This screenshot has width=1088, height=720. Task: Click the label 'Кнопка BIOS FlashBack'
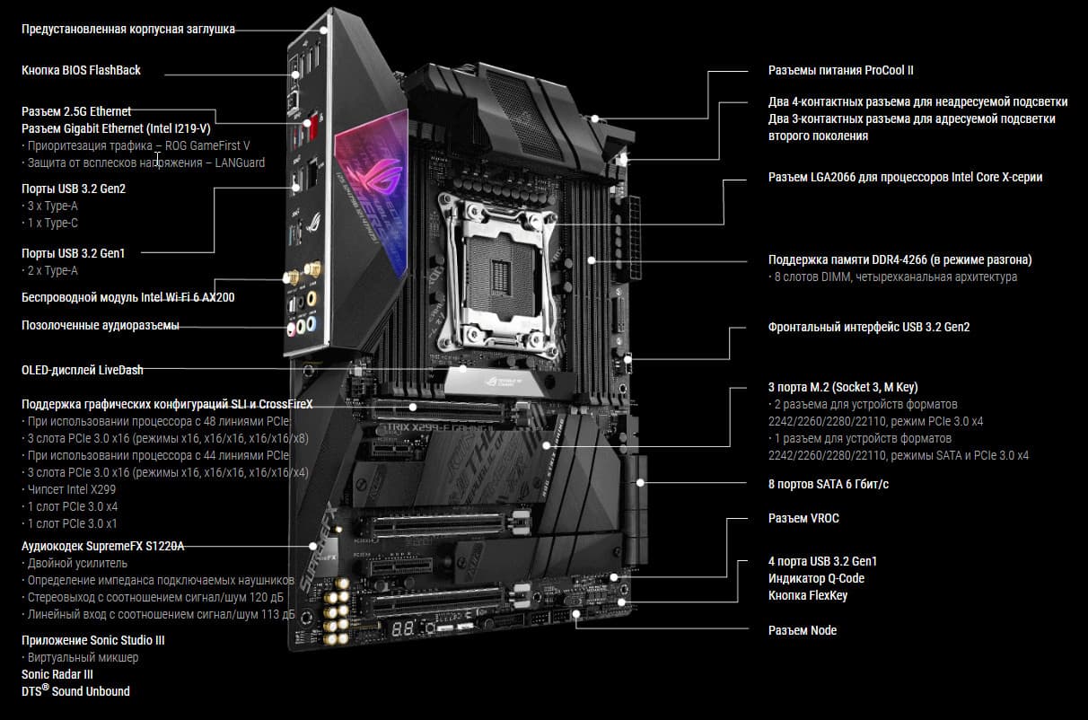(81, 70)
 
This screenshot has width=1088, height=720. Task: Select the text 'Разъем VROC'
(803, 518)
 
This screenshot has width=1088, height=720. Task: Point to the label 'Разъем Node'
(803, 630)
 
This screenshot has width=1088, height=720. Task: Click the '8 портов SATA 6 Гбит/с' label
(829, 485)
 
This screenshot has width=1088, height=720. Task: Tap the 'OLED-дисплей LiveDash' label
(82, 370)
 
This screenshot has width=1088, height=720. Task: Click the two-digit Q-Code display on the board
(403, 629)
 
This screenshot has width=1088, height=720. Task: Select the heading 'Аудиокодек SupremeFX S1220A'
(103, 547)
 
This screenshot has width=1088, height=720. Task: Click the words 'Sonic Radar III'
(57, 675)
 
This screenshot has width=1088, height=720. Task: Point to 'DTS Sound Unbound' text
(75, 691)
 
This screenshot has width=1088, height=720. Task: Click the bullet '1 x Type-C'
(49, 223)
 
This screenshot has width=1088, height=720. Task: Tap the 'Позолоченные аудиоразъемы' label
(100, 326)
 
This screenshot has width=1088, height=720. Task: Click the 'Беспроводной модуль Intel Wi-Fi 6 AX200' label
(127, 297)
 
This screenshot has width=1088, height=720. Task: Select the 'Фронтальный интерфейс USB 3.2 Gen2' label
(869, 327)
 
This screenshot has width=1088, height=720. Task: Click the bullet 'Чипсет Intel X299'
(69, 489)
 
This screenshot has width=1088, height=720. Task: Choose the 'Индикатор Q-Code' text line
(817, 579)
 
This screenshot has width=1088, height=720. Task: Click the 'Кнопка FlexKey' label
(808, 595)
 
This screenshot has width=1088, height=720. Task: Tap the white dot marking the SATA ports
(640, 483)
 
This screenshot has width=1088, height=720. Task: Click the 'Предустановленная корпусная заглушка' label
(128, 29)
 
